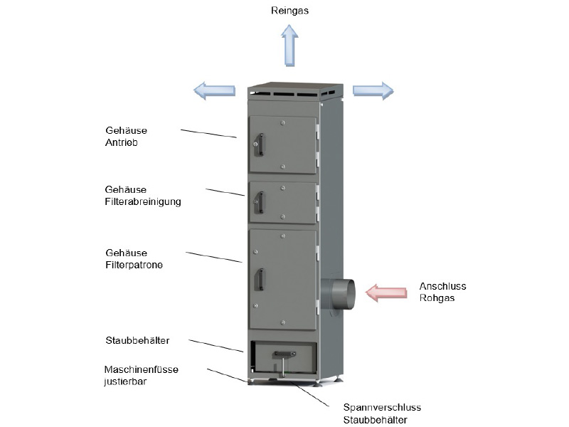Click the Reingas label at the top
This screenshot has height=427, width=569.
[x=290, y=11]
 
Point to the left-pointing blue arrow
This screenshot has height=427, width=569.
[x=214, y=90]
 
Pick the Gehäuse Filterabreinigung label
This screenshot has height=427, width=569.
[x=142, y=196]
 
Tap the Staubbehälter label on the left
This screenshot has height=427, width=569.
[x=136, y=341]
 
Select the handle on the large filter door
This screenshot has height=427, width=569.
[x=260, y=278]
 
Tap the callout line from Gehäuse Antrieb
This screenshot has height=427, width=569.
[x=208, y=133]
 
